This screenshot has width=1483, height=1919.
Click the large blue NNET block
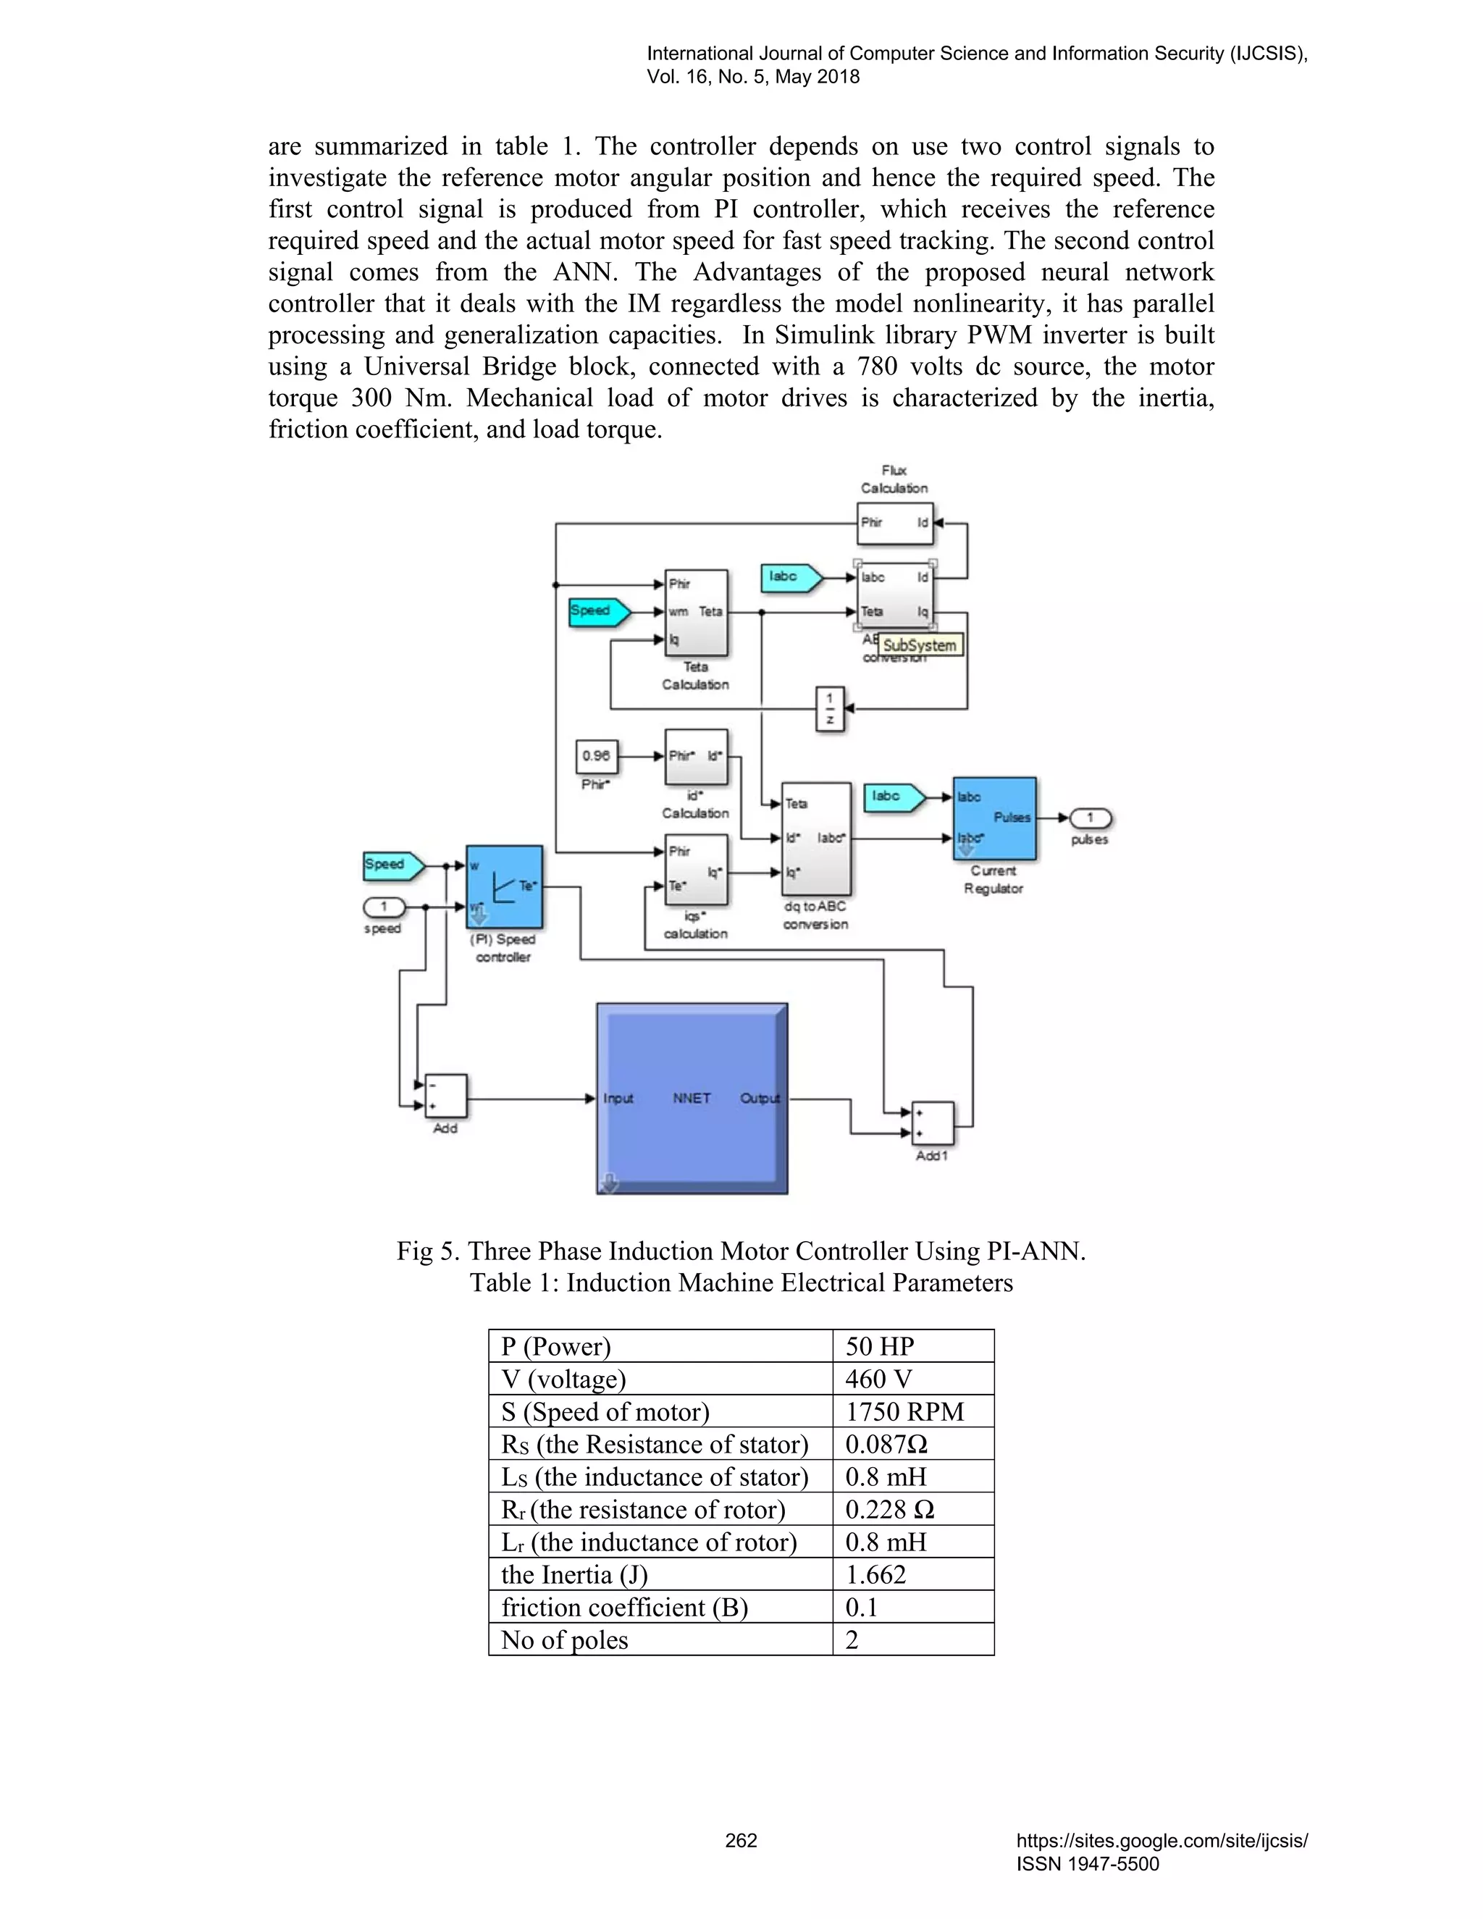[x=692, y=1099]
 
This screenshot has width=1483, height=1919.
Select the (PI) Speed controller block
[x=504, y=886]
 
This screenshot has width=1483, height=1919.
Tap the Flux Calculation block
[x=894, y=523]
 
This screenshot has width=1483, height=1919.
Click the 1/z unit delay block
[x=831, y=709]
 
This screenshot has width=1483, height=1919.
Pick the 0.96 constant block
[x=597, y=755]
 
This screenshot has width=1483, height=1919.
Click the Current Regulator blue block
[x=994, y=818]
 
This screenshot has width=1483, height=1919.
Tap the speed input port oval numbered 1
[x=384, y=907]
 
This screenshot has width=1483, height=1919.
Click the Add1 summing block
[x=932, y=1124]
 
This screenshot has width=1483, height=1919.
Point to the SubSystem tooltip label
[x=919, y=645]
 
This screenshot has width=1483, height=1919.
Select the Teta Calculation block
[x=696, y=613]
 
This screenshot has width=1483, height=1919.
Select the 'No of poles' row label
[x=564, y=1639]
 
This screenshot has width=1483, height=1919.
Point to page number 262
[x=741, y=1840]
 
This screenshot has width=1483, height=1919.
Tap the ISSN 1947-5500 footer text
[x=1088, y=1864]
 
